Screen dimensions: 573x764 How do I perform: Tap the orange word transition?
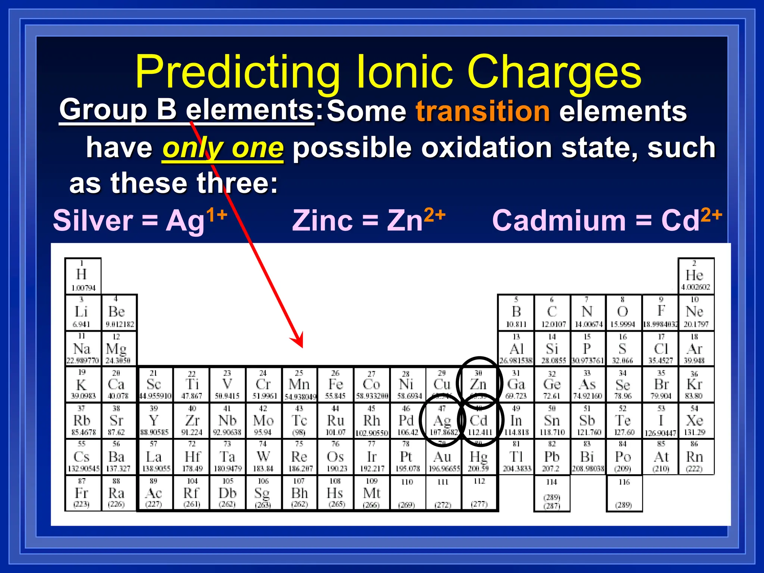tap(483, 111)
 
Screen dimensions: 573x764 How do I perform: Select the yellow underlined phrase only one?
tap(223, 148)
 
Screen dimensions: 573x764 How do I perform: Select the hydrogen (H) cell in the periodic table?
tap(82, 276)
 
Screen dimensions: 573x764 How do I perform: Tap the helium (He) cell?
tap(695, 276)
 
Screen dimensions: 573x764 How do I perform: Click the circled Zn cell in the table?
tap(479, 384)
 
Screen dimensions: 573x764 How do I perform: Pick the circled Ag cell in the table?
tap(442, 421)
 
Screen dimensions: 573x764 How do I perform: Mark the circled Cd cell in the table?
tap(479, 421)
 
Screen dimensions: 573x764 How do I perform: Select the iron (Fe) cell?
tap(335, 384)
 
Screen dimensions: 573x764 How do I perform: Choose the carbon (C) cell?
tap(552, 312)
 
